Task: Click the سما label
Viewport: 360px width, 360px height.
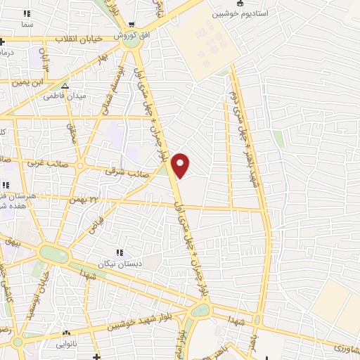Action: [x=27, y=25]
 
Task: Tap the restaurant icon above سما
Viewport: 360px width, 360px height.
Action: [x=27, y=14]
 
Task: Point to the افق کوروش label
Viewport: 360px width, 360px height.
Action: [x=131, y=34]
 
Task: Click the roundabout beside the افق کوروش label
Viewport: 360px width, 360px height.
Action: [x=131, y=41]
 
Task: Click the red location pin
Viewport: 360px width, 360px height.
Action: [x=181, y=165]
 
